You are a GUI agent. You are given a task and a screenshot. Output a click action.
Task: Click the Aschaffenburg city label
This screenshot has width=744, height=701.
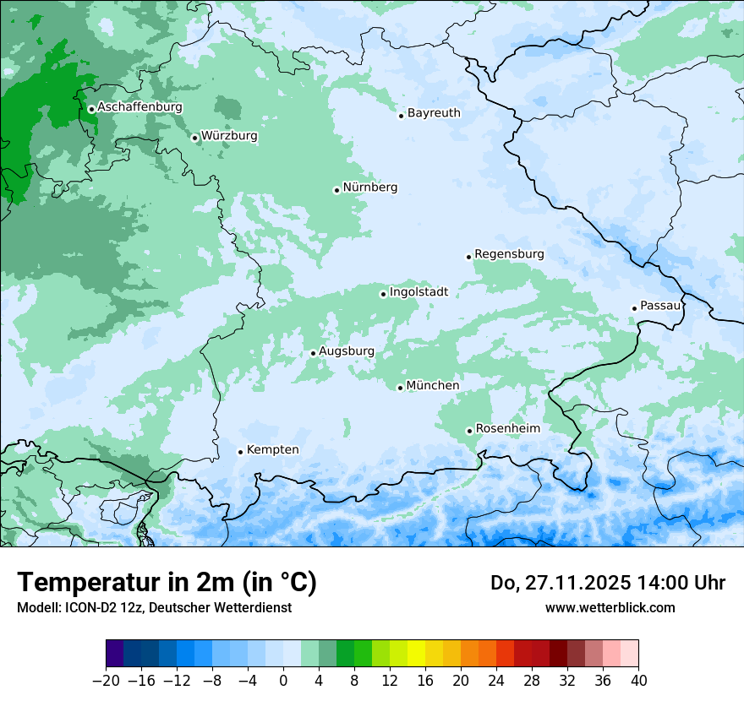139,107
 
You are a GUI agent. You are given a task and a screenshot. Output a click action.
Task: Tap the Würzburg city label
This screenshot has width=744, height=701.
229,136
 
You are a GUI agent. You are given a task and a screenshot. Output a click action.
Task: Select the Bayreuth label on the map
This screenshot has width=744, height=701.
434,113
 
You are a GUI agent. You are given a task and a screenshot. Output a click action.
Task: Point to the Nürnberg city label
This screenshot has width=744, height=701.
369,187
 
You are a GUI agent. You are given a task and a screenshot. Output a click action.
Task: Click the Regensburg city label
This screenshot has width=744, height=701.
509,254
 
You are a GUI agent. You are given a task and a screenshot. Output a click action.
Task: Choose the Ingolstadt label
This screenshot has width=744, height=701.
418,292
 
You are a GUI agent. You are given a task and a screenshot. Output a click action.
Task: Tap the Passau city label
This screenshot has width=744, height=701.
659,306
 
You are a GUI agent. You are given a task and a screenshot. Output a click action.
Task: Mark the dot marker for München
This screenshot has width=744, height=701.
400,388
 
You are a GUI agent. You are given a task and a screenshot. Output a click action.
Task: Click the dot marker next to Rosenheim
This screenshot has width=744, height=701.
469,431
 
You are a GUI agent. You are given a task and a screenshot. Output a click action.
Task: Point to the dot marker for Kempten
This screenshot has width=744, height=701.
240,452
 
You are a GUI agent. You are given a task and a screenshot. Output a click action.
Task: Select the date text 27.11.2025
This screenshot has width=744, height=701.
573,583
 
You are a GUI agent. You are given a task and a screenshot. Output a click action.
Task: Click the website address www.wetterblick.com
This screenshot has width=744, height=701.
610,607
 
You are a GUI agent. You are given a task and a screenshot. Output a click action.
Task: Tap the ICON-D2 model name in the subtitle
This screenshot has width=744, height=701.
90,607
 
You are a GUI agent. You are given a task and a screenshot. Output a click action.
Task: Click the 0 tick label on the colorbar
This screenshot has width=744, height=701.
283,681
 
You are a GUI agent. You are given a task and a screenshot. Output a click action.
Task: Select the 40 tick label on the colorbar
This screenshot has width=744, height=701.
638,681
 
